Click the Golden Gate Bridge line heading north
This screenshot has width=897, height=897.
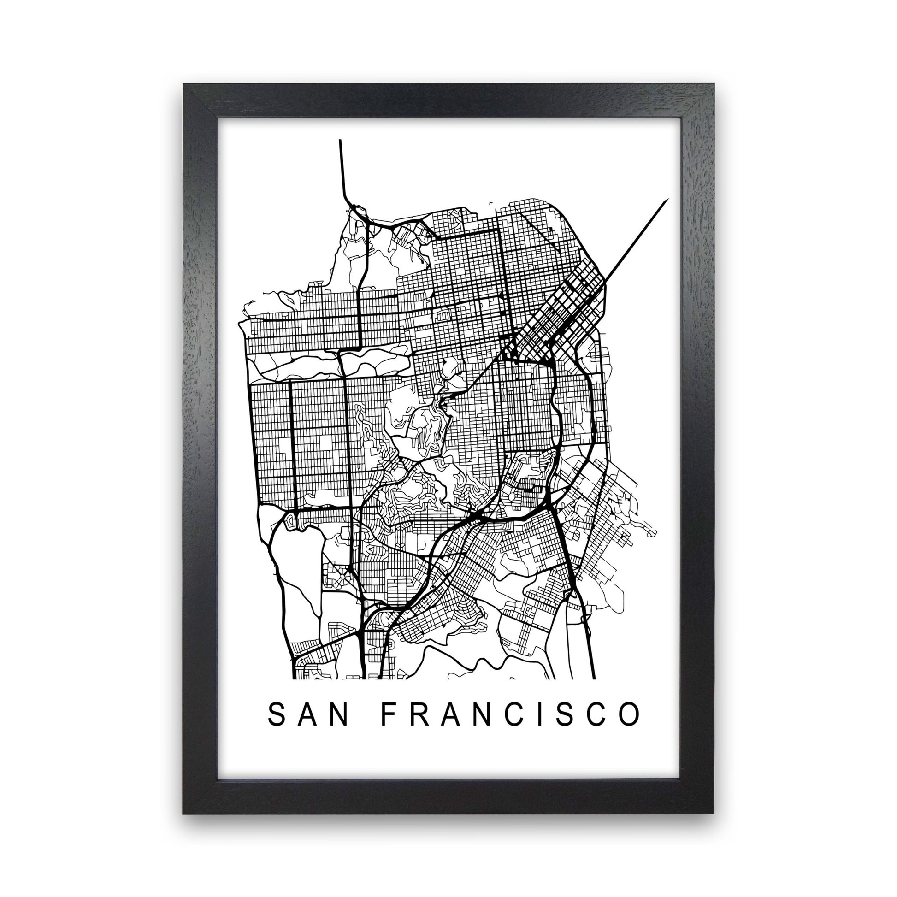point(342,167)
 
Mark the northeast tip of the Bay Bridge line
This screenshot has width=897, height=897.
point(667,199)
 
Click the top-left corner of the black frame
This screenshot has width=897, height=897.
point(184,85)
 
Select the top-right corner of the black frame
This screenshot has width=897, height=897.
point(713,85)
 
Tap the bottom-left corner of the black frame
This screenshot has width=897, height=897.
point(184,813)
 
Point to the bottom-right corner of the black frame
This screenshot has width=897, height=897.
point(713,813)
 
